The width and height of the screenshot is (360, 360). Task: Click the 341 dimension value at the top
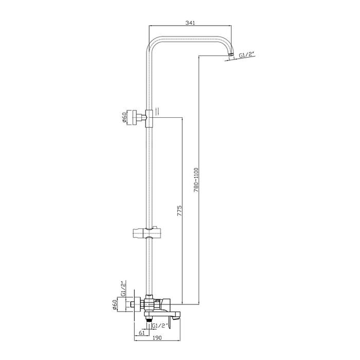click(190, 23)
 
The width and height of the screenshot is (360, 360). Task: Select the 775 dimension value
click(179, 210)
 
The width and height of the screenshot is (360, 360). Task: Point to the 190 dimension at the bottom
click(157, 337)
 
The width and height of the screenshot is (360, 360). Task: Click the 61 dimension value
click(141, 333)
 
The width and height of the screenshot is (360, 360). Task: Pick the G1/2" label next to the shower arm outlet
click(247, 56)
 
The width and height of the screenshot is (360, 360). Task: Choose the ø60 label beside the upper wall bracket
click(124, 118)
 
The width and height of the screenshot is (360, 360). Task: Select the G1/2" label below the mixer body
click(160, 326)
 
